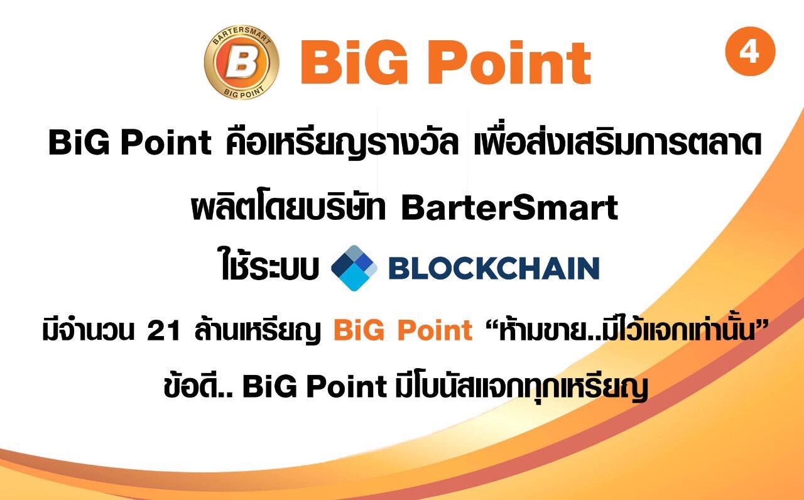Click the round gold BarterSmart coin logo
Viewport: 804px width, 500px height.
[242, 62]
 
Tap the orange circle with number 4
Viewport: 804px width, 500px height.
[750, 52]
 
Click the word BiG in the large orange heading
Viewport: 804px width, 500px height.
[354, 62]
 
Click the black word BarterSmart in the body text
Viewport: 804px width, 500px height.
[509, 207]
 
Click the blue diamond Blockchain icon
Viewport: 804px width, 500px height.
[354, 268]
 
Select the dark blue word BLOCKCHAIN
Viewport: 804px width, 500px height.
[494, 268]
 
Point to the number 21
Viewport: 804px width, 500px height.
[163, 330]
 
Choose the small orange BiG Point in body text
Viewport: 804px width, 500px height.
[403, 330]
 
